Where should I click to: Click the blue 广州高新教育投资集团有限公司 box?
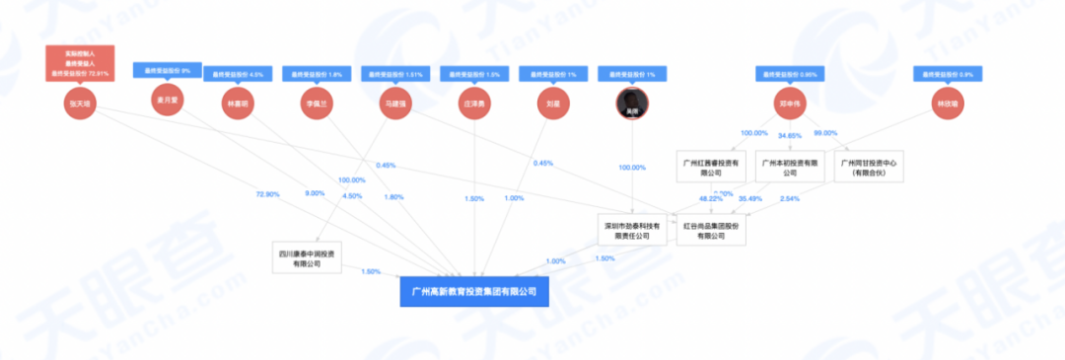[x=473, y=292]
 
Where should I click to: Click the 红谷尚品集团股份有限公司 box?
[x=711, y=230]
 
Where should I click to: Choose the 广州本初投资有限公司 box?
[x=787, y=166]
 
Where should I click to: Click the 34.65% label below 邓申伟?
[x=790, y=133]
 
